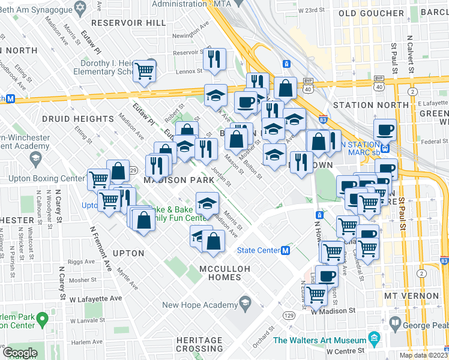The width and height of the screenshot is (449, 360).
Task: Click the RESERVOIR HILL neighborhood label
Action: pos(135,22)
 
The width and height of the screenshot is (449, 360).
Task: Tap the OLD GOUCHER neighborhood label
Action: pos(372,13)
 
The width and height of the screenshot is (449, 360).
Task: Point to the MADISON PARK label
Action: pos(178,180)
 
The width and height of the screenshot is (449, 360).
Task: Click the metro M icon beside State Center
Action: pos(286,250)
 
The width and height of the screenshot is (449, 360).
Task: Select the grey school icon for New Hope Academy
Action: pos(245,301)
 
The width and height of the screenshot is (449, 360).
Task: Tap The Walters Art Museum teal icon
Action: pos(375,338)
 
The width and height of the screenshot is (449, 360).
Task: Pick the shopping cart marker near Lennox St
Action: pos(145,71)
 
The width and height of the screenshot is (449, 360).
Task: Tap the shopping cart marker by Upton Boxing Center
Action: pos(98,179)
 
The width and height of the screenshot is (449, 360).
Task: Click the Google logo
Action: pos(20,353)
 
